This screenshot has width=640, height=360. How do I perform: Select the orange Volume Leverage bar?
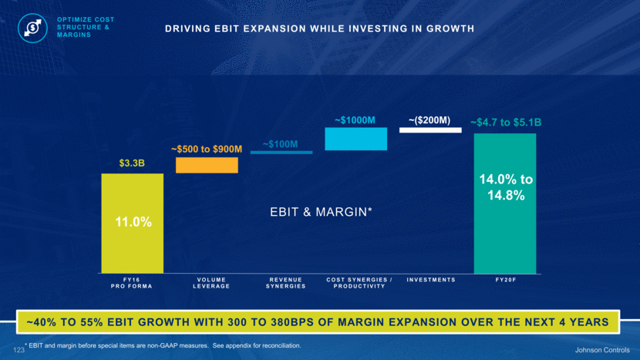207,165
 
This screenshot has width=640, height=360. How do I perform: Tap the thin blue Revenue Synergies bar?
281,153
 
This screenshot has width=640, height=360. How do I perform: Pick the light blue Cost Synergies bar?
355,139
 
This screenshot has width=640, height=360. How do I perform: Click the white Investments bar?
430,130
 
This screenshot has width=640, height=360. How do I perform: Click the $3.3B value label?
132,163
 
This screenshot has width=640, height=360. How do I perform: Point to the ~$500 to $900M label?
207,148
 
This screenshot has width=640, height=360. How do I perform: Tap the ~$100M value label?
281,143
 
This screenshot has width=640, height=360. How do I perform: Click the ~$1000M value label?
355,119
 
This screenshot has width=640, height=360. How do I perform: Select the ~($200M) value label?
429,119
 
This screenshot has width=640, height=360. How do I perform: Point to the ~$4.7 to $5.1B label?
506,122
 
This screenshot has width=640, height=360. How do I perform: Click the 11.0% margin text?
132,222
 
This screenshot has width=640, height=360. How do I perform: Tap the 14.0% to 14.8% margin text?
505,187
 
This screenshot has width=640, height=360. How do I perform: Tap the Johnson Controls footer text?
599,352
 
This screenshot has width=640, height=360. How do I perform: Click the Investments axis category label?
430,279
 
